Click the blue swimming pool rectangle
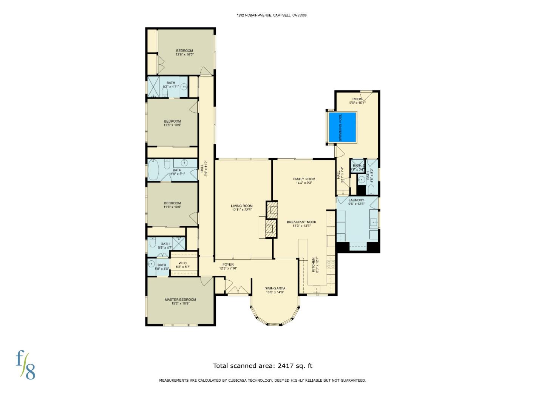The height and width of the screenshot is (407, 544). tap(342, 127)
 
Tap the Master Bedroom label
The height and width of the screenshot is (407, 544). tap(180, 301)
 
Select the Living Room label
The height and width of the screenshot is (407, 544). tap(242, 208)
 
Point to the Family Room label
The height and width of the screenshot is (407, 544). tap(304, 181)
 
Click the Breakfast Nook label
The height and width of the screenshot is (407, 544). tap(301, 224)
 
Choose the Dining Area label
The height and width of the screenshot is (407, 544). tap(275, 290)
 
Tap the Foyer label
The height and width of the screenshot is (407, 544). tap(228, 266)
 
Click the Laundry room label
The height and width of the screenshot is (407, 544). tap(356, 202)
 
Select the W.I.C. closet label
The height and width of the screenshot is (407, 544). tap(183, 265)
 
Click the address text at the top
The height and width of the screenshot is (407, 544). tap(272, 15)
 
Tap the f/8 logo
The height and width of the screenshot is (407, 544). tap(26, 364)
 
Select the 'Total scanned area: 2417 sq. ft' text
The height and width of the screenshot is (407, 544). tap(263, 366)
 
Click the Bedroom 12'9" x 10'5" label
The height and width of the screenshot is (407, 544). tap(184, 52)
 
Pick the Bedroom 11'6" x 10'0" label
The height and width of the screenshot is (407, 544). tap(172, 205)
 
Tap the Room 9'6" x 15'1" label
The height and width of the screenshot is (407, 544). tap(357, 101)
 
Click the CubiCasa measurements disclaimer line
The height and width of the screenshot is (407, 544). tap(262, 380)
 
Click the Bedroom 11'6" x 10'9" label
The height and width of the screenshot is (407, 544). tap(172, 123)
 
